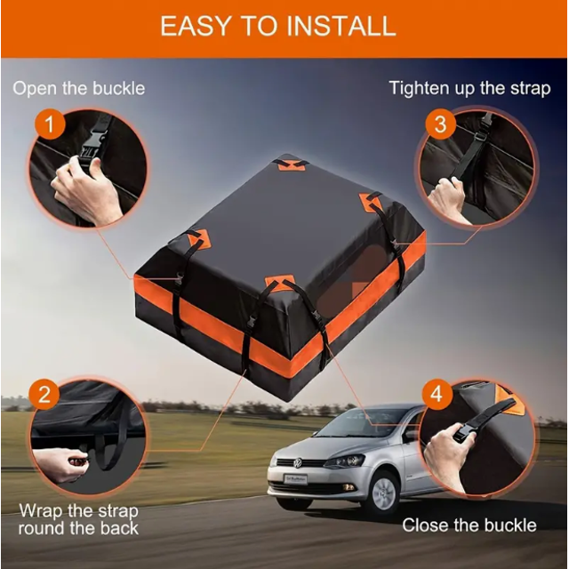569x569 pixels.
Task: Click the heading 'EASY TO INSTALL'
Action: pos(277,26)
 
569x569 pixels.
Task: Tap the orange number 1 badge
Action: pos(50,124)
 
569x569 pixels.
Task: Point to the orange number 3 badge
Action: pos(439,124)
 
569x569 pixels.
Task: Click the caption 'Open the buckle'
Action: pos(78,88)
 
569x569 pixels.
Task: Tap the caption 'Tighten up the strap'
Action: pos(469,88)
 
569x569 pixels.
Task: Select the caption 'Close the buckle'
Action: pos(469,525)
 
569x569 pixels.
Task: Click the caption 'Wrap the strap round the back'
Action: pos(80,519)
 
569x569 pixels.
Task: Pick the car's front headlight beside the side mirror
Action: pos(345,461)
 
